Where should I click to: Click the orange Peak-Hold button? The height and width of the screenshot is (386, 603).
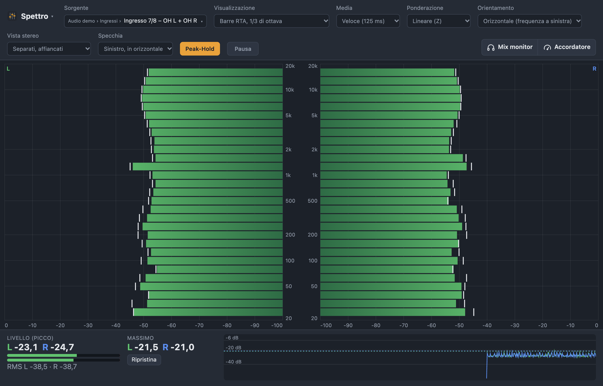click(200, 49)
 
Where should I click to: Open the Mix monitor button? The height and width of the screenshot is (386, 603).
click(510, 47)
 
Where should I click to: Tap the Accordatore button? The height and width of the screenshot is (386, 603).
click(567, 47)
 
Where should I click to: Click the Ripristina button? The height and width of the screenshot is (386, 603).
click(144, 360)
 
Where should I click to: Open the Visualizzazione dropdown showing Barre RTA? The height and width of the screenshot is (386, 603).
click(271, 21)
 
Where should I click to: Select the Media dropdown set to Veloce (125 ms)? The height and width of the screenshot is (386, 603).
click(368, 21)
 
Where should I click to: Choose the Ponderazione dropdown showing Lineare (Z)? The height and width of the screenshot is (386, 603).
click(439, 21)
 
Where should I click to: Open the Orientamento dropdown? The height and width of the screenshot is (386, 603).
click(530, 21)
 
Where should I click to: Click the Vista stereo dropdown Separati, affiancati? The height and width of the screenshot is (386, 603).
click(49, 49)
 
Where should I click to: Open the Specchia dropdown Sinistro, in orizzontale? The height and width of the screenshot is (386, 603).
click(135, 49)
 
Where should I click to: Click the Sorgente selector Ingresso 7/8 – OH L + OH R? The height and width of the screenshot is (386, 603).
click(135, 21)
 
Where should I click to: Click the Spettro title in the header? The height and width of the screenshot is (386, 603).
click(34, 17)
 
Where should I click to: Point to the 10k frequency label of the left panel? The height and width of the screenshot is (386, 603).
click(290, 90)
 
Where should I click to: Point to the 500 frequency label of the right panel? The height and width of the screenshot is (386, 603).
click(312, 201)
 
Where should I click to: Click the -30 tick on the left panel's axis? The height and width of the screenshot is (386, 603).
click(88, 325)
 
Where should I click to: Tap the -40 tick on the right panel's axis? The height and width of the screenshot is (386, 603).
click(487, 325)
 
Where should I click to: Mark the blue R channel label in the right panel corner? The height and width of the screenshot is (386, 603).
click(594, 69)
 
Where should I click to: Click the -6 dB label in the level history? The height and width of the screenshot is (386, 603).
click(232, 338)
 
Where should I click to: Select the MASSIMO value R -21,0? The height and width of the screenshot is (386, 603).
click(178, 347)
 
